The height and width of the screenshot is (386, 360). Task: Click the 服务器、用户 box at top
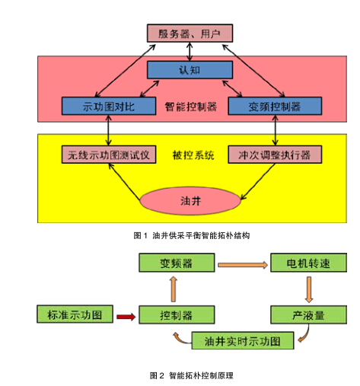190,33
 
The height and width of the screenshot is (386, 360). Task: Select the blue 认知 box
190,70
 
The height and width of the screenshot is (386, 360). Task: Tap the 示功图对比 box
109,106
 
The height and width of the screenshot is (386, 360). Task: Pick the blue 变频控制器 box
275,106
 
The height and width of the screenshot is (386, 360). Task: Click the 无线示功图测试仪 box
109,155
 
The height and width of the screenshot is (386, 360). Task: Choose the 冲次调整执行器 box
275,155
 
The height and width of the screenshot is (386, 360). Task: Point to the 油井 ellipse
190,201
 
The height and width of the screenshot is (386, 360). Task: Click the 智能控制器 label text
191,107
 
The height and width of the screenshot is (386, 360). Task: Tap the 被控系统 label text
193,155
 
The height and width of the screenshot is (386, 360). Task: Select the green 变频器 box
177,263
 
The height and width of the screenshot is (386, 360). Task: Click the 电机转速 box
308,263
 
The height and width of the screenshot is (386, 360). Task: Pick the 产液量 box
308,314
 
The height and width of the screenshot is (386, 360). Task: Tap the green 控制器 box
177,314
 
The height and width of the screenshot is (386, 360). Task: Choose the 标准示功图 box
75,314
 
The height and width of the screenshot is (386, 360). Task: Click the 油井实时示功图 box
243,340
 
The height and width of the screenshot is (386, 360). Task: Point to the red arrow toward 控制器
126,317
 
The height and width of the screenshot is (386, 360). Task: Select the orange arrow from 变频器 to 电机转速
243,265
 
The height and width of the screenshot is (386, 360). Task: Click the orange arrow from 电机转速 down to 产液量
309,289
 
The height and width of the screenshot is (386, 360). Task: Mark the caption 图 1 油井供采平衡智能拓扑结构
192,236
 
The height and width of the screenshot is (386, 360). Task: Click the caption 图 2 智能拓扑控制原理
192,375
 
